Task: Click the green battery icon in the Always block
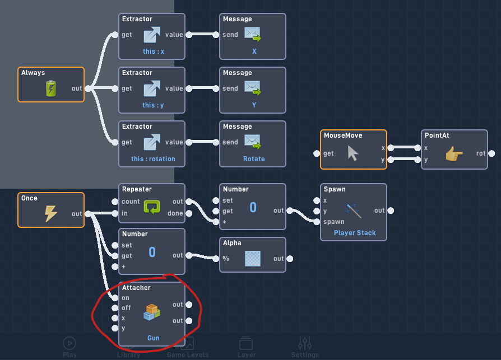point(51,88)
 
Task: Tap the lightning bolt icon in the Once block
point(51,213)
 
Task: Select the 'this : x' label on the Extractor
point(154,52)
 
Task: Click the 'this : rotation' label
point(153,159)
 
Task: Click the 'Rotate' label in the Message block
point(253,159)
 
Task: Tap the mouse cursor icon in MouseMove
point(353,153)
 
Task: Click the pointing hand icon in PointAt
point(454,153)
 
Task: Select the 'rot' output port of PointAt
point(491,153)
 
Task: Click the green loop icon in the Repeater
point(152,207)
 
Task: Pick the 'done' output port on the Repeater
point(189,213)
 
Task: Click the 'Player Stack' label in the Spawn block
point(355,233)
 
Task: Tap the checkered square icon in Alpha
point(253,258)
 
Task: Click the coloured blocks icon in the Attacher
point(152,312)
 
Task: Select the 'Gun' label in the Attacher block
point(154,338)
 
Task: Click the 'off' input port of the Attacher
point(115,308)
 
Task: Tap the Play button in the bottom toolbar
point(69,347)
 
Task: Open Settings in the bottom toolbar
point(305,347)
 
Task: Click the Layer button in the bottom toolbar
point(246,347)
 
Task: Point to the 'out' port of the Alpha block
point(290,259)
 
